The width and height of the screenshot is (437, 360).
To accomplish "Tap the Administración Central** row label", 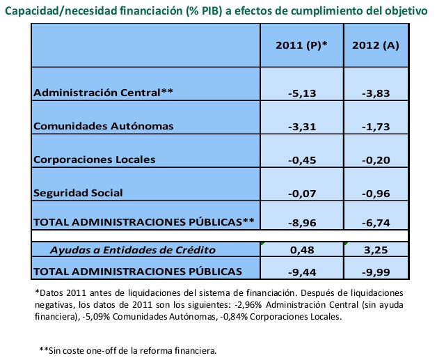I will click(104, 93).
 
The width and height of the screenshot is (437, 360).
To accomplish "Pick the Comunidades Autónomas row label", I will click(103, 126).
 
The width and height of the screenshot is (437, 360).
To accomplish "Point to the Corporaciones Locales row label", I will click(95, 159).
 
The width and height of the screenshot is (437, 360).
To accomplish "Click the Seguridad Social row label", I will click(79, 192).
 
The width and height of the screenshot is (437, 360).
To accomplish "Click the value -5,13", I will click(302, 93).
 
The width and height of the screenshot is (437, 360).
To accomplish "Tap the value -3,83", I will click(375, 93).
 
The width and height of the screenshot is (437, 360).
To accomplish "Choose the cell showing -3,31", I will click(302, 127).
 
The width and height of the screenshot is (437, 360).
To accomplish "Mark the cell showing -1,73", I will click(375, 127).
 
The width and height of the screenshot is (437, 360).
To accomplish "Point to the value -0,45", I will click(302, 160).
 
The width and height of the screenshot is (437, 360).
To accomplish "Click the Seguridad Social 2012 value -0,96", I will click(375, 193).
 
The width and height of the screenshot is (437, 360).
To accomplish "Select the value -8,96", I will click(302, 223).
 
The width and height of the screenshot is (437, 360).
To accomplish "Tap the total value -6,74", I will click(375, 223).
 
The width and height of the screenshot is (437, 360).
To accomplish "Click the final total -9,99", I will click(375, 271).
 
